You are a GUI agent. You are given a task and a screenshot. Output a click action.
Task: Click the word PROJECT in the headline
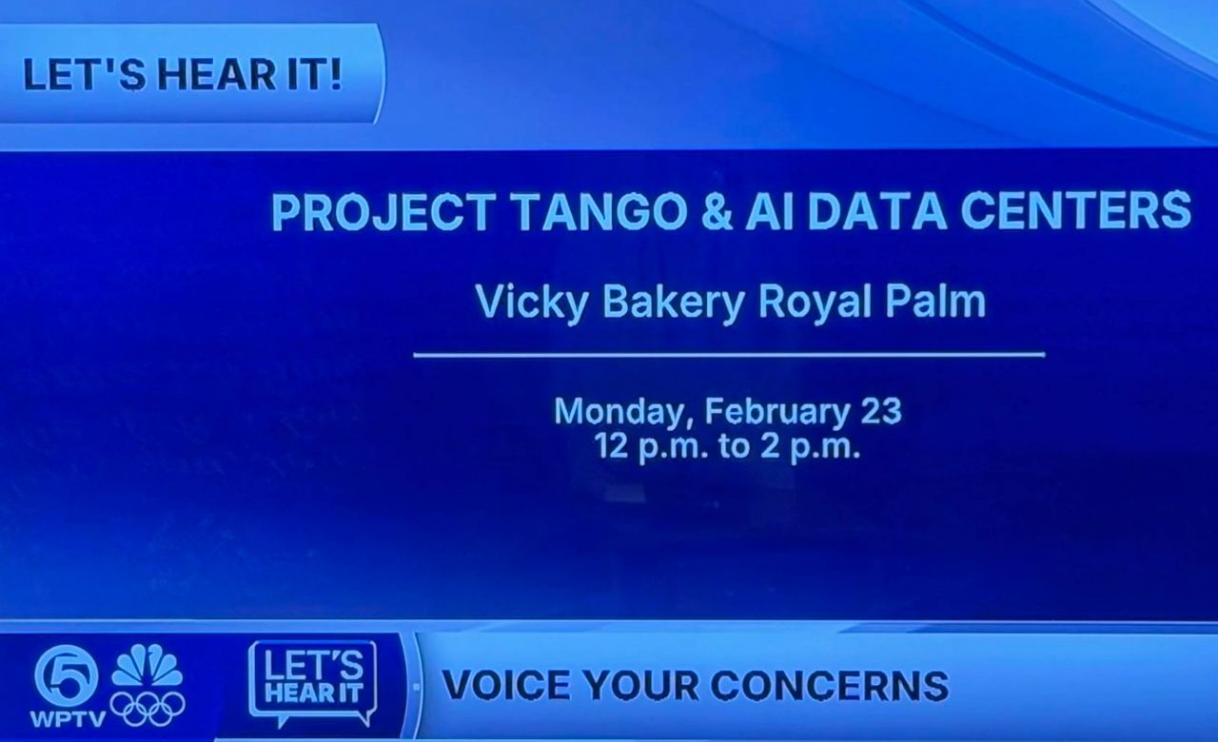click(x=383, y=211)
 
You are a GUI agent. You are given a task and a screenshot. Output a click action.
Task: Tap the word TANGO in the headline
click(x=600, y=211)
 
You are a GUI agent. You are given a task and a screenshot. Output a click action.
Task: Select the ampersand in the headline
click(x=717, y=211)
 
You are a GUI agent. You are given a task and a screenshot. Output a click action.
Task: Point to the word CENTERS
click(x=1076, y=211)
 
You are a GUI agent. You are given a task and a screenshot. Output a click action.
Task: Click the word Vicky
click(x=532, y=303)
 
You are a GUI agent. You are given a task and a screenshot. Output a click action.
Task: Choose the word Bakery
click(x=673, y=303)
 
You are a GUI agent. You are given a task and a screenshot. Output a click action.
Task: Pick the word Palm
click(x=935, y=302)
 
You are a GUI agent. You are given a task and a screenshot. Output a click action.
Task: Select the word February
click(x=777, y=412)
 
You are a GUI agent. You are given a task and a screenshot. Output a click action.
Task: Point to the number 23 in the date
click(x=881, y=411)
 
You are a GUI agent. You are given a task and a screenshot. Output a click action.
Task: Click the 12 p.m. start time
click(x=652, y=447)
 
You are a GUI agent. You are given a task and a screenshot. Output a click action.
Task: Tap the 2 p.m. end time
click(x=810, y=447)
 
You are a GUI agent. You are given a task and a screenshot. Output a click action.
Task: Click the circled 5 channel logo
click(x=67, y=676)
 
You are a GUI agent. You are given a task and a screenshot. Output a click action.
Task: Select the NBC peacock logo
click(x=147, y=666)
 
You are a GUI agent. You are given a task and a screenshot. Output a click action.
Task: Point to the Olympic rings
click(x=147, y=708)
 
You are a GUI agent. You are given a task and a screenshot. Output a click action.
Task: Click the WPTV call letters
click(x=68, y=719)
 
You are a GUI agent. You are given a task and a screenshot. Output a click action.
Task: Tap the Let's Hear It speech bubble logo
click(x=313, y=683)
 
